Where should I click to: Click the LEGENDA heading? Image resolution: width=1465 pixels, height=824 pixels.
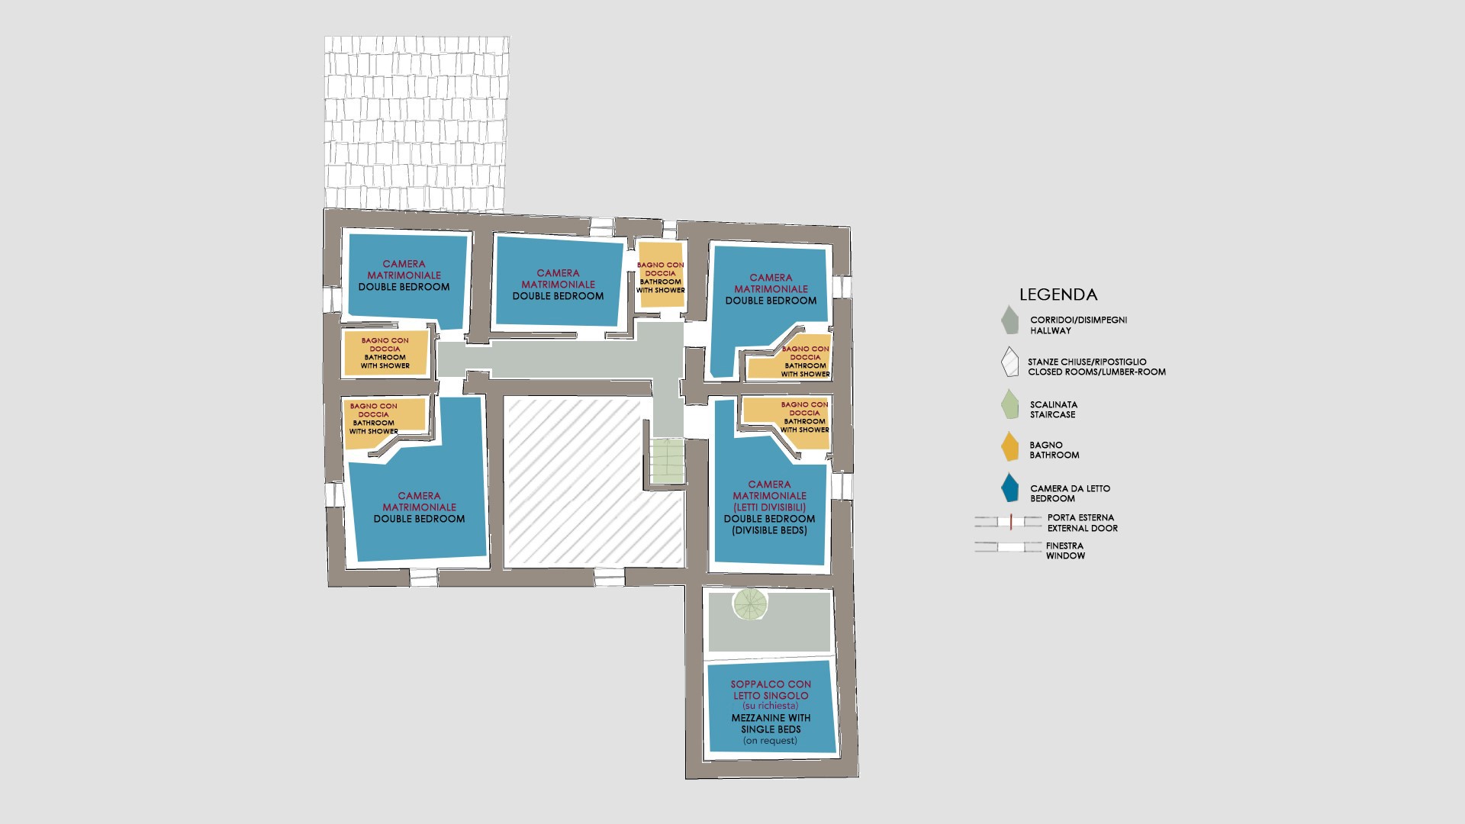coord(1058,295)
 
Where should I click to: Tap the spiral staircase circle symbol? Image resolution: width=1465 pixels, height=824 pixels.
coord(749,604)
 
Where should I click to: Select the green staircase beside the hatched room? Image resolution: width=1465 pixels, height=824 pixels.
coord(667,460)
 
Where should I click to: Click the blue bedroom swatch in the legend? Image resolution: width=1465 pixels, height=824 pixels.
coord(1011,488)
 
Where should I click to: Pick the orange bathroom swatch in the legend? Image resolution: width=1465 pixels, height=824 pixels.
coord(1010,446)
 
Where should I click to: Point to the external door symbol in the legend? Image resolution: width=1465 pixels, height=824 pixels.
coord(1008,522)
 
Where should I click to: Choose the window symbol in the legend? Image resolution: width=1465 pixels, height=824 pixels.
coord(1008,546)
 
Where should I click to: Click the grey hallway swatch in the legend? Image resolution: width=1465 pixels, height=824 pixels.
coord(1010,320)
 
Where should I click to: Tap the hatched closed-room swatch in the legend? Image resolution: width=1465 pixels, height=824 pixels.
coord(1010,362)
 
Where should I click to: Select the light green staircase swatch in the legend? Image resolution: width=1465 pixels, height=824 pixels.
coord(1010,404)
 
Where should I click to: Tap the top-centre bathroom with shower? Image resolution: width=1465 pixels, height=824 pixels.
coord(661,275)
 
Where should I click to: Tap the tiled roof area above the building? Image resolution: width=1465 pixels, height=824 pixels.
coord(417,124)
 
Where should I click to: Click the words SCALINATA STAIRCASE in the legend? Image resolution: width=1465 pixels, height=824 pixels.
coord(1053,410)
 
